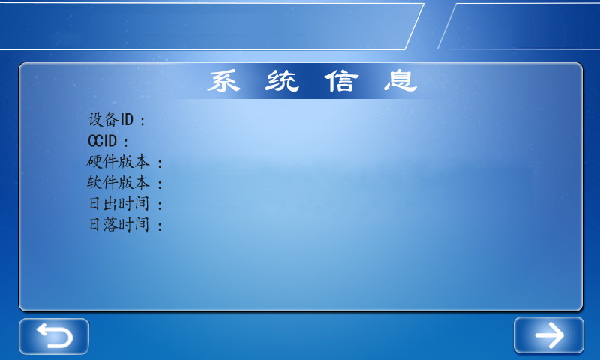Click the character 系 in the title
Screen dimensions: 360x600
[x=223, y=81]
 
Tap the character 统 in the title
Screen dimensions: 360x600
[x=282, y=81]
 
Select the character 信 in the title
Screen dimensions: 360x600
[x=341, y=81]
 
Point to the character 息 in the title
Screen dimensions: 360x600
[x=400, y=81]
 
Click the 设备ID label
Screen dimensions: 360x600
[x=110, y=119]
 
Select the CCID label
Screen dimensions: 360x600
[x=102, y=140]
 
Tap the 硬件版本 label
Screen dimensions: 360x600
[x=118, y=161]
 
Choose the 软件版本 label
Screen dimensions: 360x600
[x=118, y=182]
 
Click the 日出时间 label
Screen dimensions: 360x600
[x=118, y=203]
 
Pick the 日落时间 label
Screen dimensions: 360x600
[x=118, y=224]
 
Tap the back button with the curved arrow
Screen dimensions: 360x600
[x=54, y=336]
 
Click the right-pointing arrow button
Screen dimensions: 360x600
[x=548, y=335]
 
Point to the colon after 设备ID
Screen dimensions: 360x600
[x=143, y=121]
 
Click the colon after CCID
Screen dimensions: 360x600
[x=126, y=142]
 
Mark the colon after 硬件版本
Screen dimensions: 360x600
[x=160, y=163]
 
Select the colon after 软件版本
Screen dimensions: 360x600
[x=160, y=184]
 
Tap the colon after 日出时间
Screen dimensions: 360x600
[x=160, y=205]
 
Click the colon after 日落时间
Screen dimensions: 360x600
[x=160, y=226]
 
